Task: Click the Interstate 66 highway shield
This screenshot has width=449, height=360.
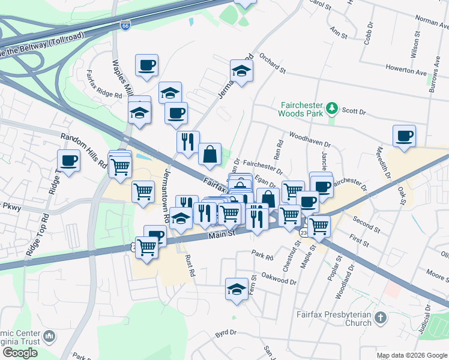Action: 125,26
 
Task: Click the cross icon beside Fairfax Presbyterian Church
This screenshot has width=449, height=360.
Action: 379,317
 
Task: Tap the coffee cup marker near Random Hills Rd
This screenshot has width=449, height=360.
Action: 68,161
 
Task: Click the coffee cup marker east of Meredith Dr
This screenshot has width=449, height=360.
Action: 404,135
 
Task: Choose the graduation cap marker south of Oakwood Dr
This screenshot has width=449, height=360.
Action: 237,289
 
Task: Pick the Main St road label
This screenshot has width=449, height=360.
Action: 221,236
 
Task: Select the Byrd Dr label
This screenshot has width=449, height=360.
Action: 226,332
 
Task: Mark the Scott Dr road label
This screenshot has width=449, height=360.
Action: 354,111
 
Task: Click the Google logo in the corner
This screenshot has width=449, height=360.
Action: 20,353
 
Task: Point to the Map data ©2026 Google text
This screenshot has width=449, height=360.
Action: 411,355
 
